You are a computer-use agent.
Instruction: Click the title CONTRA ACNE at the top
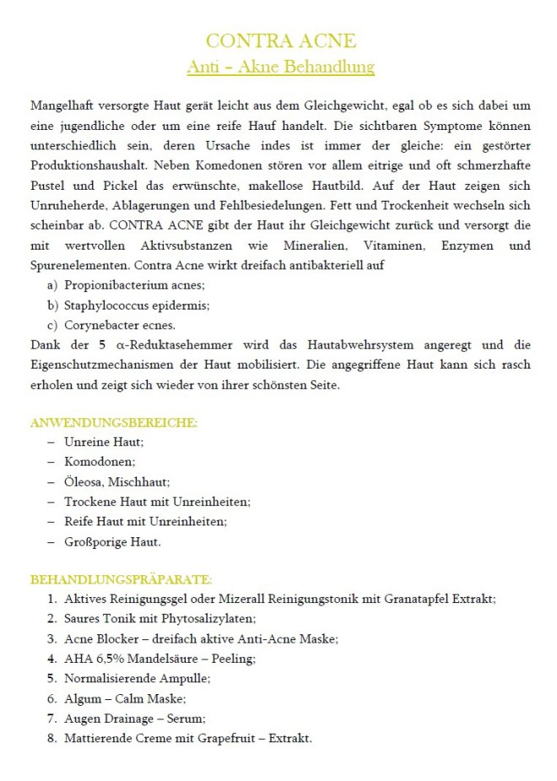pyautogui.click(x=281, y=40)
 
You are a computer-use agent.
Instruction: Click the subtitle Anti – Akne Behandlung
pyautogui.click(x=281, y=66)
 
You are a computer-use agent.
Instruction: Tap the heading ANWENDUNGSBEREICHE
pyautogui.click(x=113, y=423)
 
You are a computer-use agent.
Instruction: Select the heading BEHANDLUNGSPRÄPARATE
pyautogui.click(x=121, y=580)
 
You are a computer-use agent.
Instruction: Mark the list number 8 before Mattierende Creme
pyautogui.click(x=51, y=738)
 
